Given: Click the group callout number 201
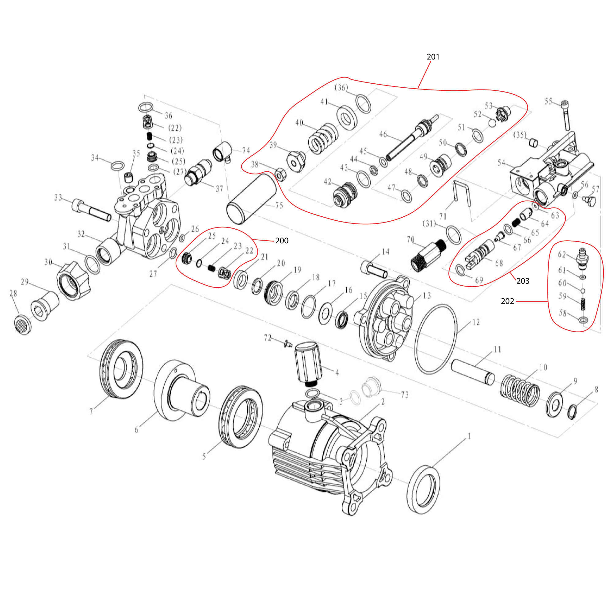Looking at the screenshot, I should tap(433, 57).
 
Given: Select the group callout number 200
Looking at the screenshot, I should tap(281, 241).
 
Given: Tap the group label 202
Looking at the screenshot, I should tap(507, 301).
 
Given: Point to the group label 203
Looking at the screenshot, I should tap(523, 281).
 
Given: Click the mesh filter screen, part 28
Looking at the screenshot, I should tap(23, 324).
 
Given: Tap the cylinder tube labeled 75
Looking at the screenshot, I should tap(252, 198).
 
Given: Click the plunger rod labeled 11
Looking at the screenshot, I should tap(472, 371).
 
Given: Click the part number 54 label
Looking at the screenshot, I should tap(501, 163).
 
